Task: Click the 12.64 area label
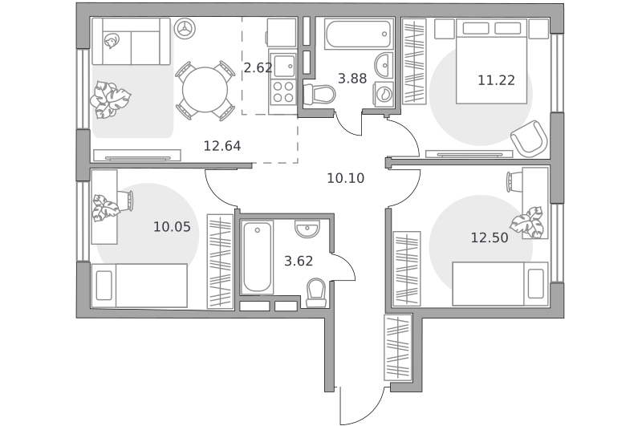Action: pyautogui.click(x=222, y=146)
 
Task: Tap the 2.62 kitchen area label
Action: pyautogui.click(x=258, y=67)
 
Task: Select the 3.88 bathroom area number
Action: pyautogui.click(x=352, y=78)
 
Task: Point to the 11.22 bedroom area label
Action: pyautogui.click(x=496, y=80)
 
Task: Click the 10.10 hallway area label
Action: pyautogui.click(x=346, y=178)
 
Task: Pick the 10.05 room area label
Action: pyautogui.click(x=172, y=226)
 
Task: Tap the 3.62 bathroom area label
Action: pyautogui.click(x=299, y=261)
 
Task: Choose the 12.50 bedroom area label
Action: pyautogui.click(x=490, y=237)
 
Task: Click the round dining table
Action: pyautogui.click(x=205, y=90)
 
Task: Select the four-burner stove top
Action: pyautogui.click(x=283, y=91)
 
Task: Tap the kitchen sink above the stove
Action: pyautogui.click(x=283, y=65)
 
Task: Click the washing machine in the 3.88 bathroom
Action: pyautogui.click(x=384, y=94)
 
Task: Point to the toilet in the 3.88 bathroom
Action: pyautogui.click(x=319, y=94)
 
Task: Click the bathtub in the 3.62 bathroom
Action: pyautogui.click(x=257, y=257)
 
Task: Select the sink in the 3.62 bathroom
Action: pyautogui.click(x=307, y=229)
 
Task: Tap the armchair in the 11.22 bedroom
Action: pyautogui.click(x=529, y=138)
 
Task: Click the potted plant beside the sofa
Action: pyautogui.click(x=110, y=99)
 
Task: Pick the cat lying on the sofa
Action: pyautogui.click(x=111, y=42)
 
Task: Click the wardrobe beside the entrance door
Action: pyautogui.click(x=397, y=347)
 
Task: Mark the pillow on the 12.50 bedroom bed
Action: pyautogui.click(x=535, y=283)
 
